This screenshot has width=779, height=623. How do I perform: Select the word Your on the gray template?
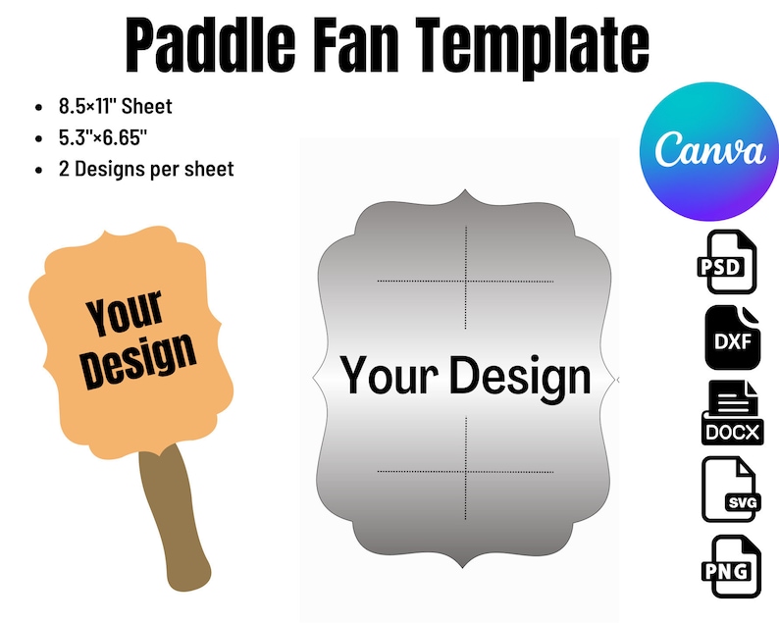point(389,377)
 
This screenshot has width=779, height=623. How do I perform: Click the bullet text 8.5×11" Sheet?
point(115,106)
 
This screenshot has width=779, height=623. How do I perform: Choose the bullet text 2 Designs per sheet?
point(146,169)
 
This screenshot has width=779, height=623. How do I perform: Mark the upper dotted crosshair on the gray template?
point(466,282)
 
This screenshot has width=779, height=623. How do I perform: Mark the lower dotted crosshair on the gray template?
point(466,472)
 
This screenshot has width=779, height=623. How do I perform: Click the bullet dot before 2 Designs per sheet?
point(38,170)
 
